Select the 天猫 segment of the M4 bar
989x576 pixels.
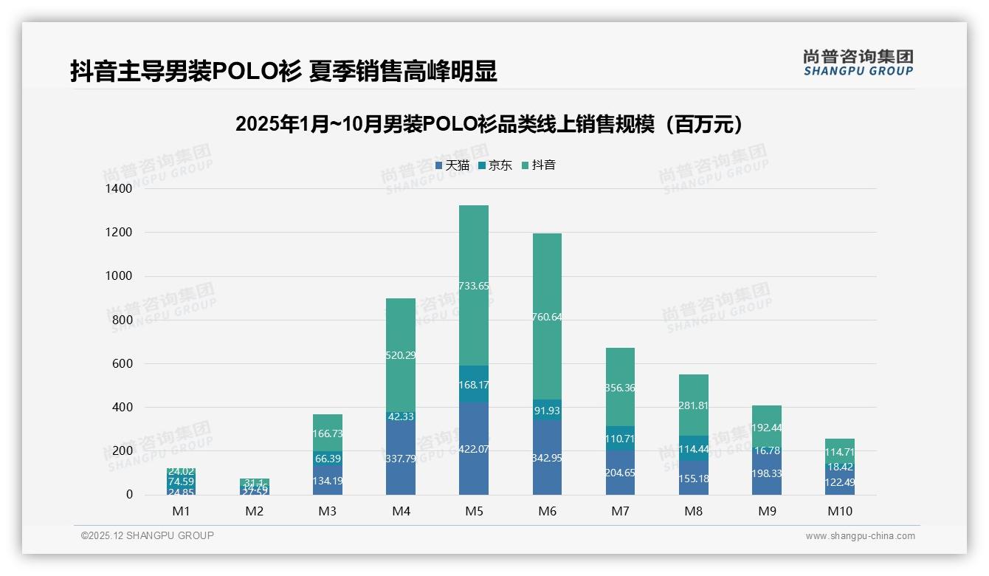click(401, 458)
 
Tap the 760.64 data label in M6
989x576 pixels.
click(547, 318)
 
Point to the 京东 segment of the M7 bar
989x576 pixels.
click(620, 439)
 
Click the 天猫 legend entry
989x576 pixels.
click(452, 165)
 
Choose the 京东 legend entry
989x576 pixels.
click(495, 165)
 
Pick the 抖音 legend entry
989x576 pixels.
click(539, 165)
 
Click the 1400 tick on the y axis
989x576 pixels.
click(118, 189)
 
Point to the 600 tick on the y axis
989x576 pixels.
click(122, 363)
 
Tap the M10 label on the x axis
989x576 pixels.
click(840, 511)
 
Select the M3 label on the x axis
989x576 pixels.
click(327, 511)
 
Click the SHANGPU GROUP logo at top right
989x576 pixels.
click(858, 63)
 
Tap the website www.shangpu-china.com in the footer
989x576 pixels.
click(860, 536)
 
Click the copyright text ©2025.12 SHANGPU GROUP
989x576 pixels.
click(148, 536)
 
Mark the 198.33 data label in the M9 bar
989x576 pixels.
click(767, 473)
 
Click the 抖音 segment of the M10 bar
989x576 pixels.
click(840, 452)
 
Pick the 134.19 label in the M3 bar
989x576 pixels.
click(327, 481)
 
